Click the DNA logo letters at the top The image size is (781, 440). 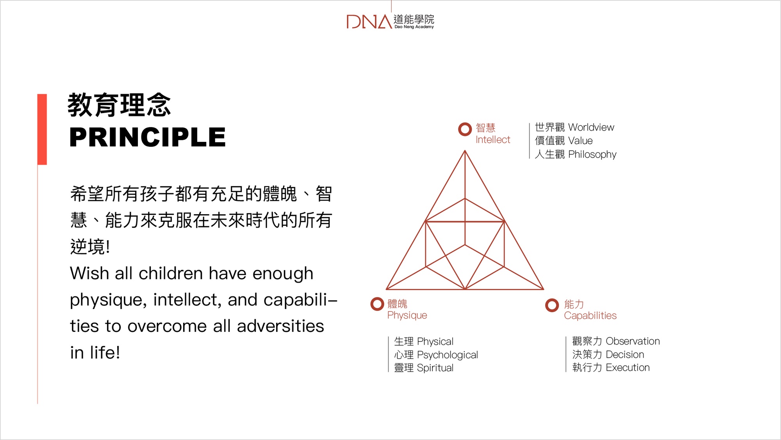369,21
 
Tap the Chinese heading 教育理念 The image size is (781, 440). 119,105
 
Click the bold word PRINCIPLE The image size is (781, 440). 148,137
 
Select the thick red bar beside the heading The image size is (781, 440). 42,129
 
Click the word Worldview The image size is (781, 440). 591,127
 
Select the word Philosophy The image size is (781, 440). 592,154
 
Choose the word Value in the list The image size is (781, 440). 580,141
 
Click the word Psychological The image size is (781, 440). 448,355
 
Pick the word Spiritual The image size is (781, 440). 435,368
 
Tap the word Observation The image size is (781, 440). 633,341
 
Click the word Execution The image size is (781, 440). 628,368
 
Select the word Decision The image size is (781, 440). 625,354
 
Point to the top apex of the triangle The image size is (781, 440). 465,151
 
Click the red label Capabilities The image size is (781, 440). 590,316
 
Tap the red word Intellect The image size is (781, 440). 493,140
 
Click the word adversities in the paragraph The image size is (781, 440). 280,326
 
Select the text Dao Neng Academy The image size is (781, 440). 414,27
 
